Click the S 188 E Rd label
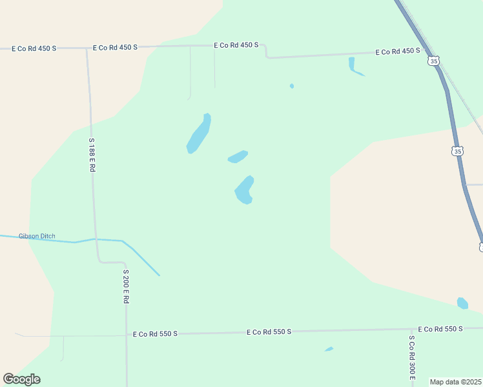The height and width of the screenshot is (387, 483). (x=92, y=155)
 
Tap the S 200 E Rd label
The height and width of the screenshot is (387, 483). (x=127, y=286)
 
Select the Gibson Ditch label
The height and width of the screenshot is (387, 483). (x=37, y=236)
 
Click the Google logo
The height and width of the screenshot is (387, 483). (x=21, y=379)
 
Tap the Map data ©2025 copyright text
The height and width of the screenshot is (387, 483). (x=455, y=382)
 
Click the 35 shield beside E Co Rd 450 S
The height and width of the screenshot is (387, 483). (x=433, y=61)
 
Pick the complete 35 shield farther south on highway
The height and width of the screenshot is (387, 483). (x=457, y=151)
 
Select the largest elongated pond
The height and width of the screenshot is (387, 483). (x=199, y=134)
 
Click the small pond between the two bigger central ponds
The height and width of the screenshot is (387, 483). (x=238, y=157)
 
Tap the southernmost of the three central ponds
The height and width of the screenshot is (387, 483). (x=245, y=190)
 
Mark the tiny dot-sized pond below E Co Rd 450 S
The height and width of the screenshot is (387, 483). (x=292, y=86)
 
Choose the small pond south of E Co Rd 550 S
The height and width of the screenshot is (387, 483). (x=329, y=350)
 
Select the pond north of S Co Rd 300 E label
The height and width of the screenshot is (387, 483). (x=462, y=303)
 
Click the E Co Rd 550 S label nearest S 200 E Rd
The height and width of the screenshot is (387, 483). (x=155, y=334)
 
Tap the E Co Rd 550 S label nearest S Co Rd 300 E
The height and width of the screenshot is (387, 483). (x=440, y=329)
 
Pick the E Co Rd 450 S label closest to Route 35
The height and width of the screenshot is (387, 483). (x=398, y=51)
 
